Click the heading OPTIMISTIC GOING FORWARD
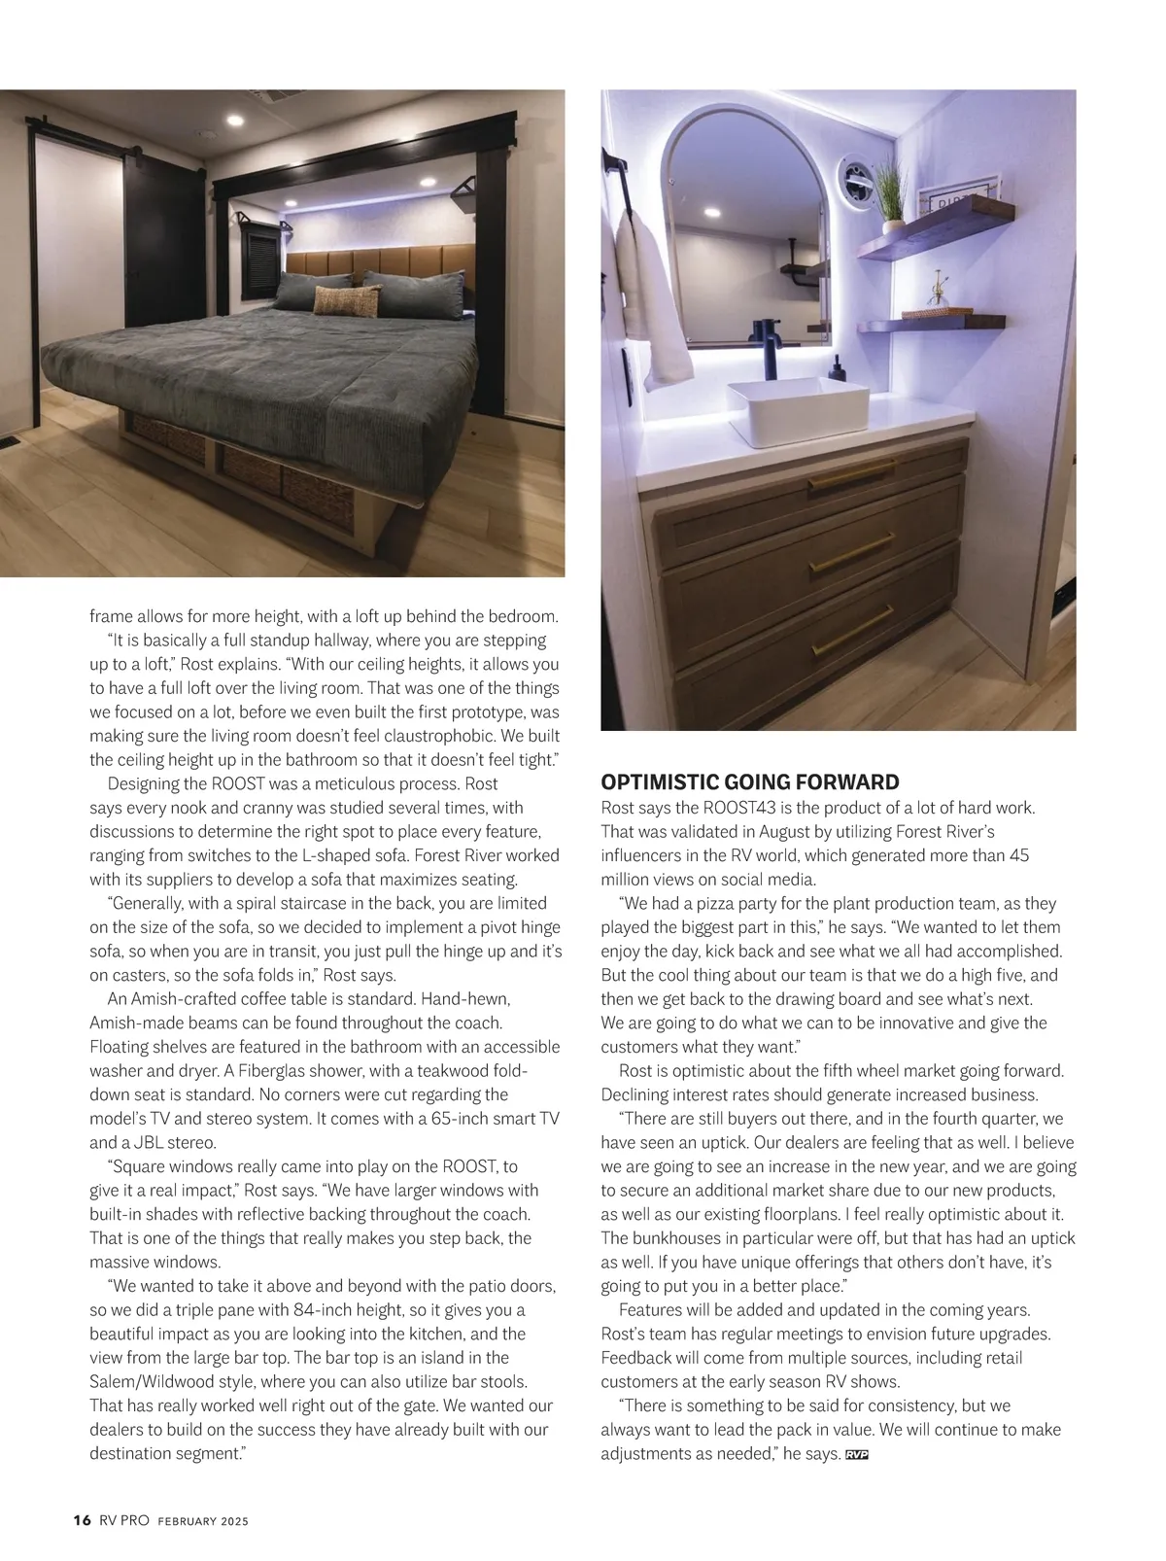750,782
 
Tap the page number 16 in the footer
82,1521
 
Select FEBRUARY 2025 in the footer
203,1522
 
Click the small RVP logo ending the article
856,1454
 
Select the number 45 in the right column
1018,855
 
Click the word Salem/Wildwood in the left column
143,1382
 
